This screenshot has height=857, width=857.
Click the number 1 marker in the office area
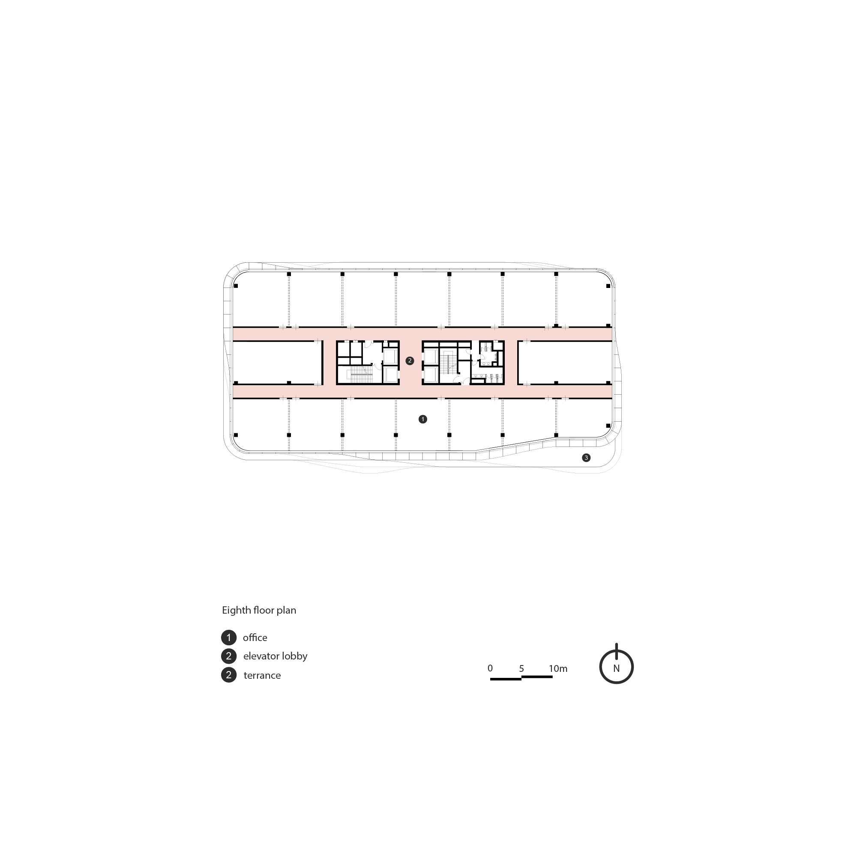[423, 419]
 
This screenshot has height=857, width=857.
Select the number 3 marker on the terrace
[586, 457]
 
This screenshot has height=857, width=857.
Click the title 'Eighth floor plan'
[259, 610]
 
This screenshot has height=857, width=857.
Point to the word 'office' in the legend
[255, 638]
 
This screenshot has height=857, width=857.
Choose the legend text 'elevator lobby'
[275, 656]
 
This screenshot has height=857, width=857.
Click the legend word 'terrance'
[262, 675]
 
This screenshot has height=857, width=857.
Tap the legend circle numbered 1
[229, 638]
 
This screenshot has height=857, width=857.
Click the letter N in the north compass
[616, 668]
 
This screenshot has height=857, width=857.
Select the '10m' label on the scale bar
[558, 668]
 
